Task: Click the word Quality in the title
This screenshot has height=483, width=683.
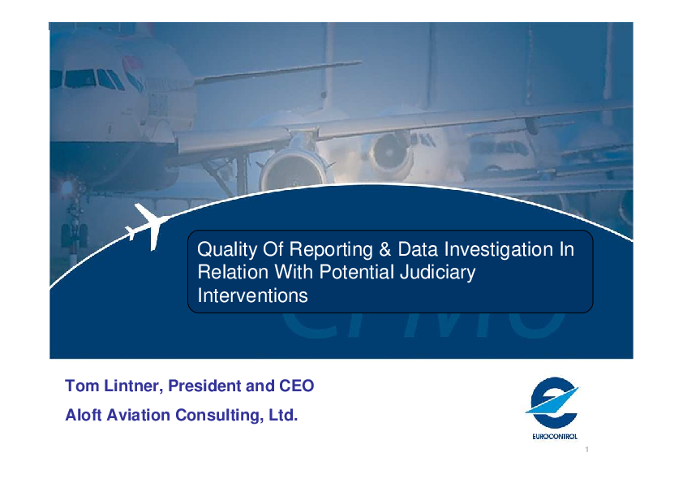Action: click(x=227, y=250)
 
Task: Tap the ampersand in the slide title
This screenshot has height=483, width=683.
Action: click(x=385, y=249)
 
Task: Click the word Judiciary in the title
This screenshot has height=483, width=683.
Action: click(x=437, y=273)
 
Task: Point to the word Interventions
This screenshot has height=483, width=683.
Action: click(x=252, y=295)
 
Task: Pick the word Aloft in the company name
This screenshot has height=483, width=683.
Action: click(x=84, y=415)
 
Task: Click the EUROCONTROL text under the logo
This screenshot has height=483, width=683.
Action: click(x=555, y=437)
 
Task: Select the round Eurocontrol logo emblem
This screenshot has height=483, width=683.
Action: click(x=553, y=403)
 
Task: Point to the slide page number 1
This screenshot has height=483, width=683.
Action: click(x=586, y=450)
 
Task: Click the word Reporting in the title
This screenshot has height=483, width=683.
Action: click(x=331, y=250)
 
